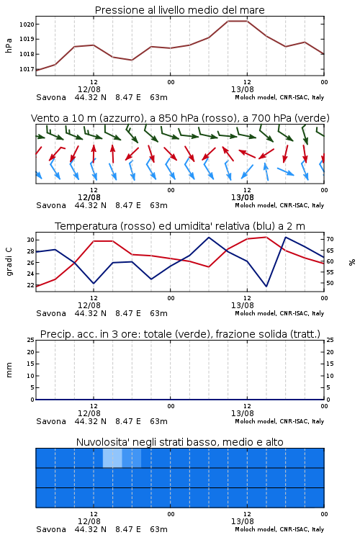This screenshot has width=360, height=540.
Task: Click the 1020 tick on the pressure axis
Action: [27, 24]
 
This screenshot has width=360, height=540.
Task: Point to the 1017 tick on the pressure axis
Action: [27, 69]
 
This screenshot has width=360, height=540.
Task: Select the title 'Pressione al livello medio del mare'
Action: [180, 10]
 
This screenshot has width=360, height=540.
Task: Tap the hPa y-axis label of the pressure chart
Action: [9, 45]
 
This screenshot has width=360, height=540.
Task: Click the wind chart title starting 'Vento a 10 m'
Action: [180, 118]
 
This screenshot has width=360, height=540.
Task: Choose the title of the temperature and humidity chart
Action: [180, 226]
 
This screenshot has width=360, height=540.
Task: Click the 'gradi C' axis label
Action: [9, 261]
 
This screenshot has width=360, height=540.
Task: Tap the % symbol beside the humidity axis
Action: [352, 262]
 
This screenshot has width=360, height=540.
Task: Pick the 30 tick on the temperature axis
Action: [30, 240]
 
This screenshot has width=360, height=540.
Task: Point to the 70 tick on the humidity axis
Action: [330, 239]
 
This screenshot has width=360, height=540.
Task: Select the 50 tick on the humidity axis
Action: [330, 283]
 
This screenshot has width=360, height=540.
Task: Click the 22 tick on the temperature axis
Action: [30, 285]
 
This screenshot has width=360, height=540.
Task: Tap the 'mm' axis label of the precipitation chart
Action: [9, 370]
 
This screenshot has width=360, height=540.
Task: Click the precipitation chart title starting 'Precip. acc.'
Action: [180, 334]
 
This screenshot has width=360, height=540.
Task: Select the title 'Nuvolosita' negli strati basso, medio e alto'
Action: [180, 442]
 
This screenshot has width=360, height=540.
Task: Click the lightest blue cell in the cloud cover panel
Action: [112, 458]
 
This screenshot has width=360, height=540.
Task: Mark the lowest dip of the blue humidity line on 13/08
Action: [266, 286]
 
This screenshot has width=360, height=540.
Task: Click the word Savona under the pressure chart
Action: [51, 97]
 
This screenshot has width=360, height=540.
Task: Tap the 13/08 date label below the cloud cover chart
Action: [243, 521]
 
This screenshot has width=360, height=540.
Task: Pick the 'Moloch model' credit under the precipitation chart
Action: [255, 421]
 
